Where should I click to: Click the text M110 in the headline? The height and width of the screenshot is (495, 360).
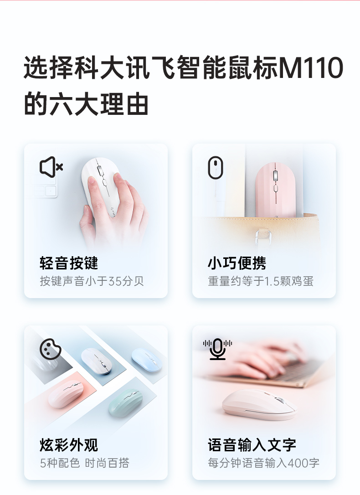(x=311, y=67)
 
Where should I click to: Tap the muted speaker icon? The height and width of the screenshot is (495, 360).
(x=51, y=167)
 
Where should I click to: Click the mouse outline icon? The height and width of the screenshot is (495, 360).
(x=216, y=168)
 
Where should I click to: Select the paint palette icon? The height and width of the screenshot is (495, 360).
(x=51, y=349)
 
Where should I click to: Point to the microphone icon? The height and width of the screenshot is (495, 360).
(x=217, y=349)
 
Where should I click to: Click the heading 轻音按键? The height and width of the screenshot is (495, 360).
(x=69, y=263)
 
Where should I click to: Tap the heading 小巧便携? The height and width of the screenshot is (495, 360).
(x=237, y=263)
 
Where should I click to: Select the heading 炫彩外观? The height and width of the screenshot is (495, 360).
(x=69, y=445)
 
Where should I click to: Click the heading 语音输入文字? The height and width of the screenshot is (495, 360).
(x=252, y=445)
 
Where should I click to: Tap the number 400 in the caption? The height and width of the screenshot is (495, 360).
(x=298, y=463)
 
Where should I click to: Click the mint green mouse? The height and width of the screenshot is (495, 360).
(x=125, y=402)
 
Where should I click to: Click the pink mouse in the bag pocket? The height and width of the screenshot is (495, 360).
(x=275, y=190)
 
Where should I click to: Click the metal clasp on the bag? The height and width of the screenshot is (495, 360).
(x=263, y=239)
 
